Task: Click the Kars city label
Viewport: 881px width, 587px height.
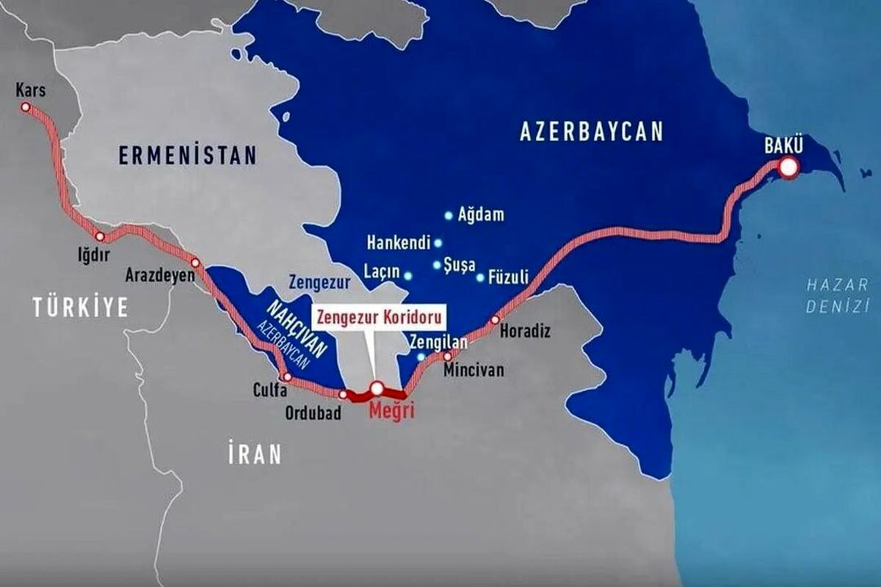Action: click(30, 90)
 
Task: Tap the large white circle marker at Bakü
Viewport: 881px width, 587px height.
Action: click(788, 168)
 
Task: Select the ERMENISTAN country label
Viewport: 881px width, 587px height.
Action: click(188, 156)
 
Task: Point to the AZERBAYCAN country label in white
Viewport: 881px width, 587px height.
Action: click(591, 131)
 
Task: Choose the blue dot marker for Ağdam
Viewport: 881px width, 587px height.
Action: click(449, 216)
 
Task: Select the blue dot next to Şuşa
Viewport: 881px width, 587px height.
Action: click(437, 265)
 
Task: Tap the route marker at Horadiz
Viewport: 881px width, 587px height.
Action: click(495, 320)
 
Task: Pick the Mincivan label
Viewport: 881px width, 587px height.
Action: click(474, 371)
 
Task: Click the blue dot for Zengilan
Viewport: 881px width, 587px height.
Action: click(421, 357)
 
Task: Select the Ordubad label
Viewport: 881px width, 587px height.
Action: click(313, 413)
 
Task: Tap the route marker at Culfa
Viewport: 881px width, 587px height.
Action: click(287, 377)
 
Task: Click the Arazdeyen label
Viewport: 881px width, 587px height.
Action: click(160, 275)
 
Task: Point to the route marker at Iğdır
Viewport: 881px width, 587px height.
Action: click(100, 237)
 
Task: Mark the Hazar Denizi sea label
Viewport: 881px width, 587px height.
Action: click(836, 296)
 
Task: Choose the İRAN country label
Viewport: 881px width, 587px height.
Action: click(253, 454)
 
